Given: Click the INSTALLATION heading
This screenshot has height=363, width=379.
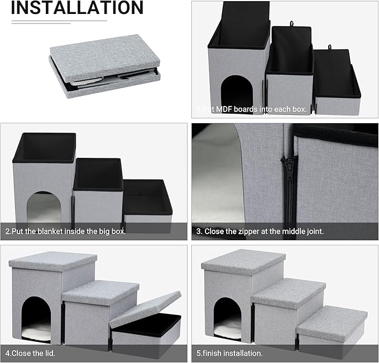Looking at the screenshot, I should click(x=77, y=8).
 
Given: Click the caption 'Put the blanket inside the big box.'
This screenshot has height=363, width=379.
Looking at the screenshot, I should click(x=66, y=230).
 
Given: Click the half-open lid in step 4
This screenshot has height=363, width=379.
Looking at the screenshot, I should click(x=145, y=308).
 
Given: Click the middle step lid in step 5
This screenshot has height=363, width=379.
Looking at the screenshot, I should click(x=289, y=292).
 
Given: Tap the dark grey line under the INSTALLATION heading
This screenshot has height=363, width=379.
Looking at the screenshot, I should click(x=59, y=21).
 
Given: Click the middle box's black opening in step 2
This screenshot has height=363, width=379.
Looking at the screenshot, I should click(x=98, y=174).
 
